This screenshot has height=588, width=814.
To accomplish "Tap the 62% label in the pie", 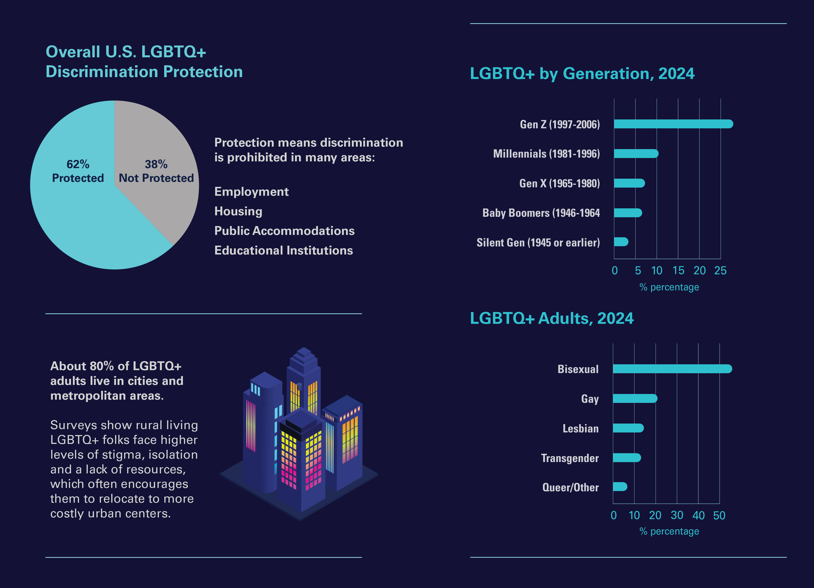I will [x=78, y=164].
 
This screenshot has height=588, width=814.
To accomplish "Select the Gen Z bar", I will [x=673, y=124].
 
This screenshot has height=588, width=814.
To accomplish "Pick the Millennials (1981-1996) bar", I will [x=636, y=154].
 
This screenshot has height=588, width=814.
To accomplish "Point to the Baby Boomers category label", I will [x=541, y=213].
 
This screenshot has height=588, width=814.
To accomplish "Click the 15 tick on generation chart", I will [x=678, y=271].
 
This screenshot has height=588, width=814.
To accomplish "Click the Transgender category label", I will [x=570, y=458].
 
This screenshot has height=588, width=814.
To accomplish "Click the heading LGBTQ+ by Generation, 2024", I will [x=582, y=74].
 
